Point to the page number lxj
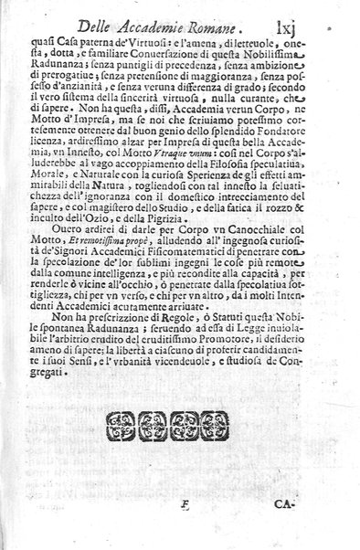(310, 26)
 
